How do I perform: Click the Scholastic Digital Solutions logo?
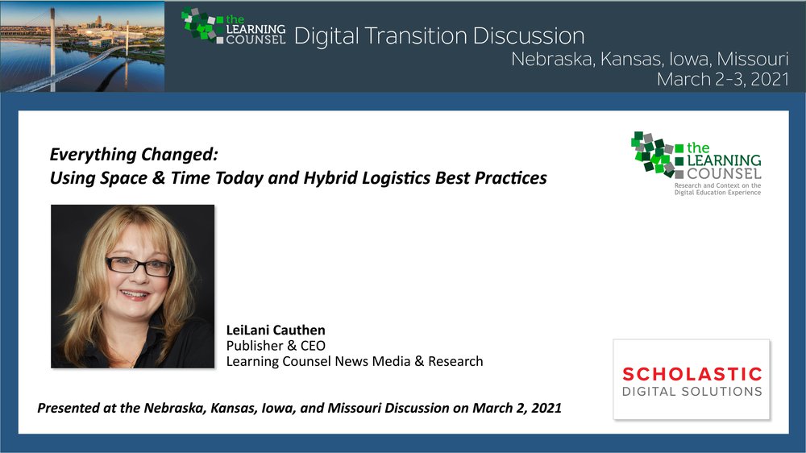[x=692, y=380]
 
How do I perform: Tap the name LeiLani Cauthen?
[x=276, y=330]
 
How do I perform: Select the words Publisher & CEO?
[x=276, y=346]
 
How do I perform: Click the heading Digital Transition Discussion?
[x=439, y=36]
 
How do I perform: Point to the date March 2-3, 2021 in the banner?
[x=723, y=79]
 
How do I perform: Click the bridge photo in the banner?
[x=82, y=46]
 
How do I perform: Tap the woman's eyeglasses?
[x=139, y=266]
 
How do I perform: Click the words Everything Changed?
[x=134, y=154]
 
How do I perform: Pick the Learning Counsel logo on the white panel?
[x=696, y=163]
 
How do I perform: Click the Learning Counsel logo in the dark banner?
[x=234, y=26]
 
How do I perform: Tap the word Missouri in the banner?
[x=753, y=59]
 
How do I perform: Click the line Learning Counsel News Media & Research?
[x=355, y=361]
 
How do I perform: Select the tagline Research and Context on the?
[x=717, y=185]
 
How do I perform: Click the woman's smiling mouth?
[x=135, y=295]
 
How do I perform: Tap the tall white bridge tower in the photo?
[x=52, y=49]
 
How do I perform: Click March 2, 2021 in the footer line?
[x=517, y=409]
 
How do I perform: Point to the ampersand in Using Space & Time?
[x=159, y=178]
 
